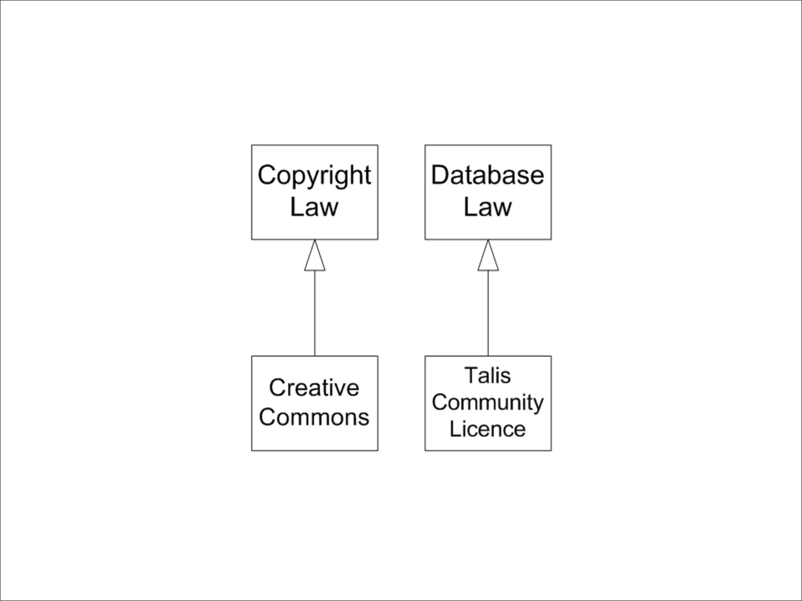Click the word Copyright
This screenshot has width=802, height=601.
(x=314, y=176)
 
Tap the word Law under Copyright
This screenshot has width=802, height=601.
(x=314, y=207)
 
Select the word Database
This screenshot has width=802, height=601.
(x=488, y=175)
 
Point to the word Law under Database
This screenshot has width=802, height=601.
(x=488, y=207)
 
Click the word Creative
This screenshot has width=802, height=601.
(x=314, y=388)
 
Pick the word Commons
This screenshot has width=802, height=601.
(x=314, y=417)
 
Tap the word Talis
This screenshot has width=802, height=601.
(x=488, y=376)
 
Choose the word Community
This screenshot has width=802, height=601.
(x=488, y=403)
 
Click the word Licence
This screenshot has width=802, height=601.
(x=488, y=429)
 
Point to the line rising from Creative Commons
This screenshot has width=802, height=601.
(x=315, y=313)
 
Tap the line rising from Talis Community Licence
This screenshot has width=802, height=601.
(x=488, y=313)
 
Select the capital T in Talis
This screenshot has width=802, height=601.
(x=471, y=376)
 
